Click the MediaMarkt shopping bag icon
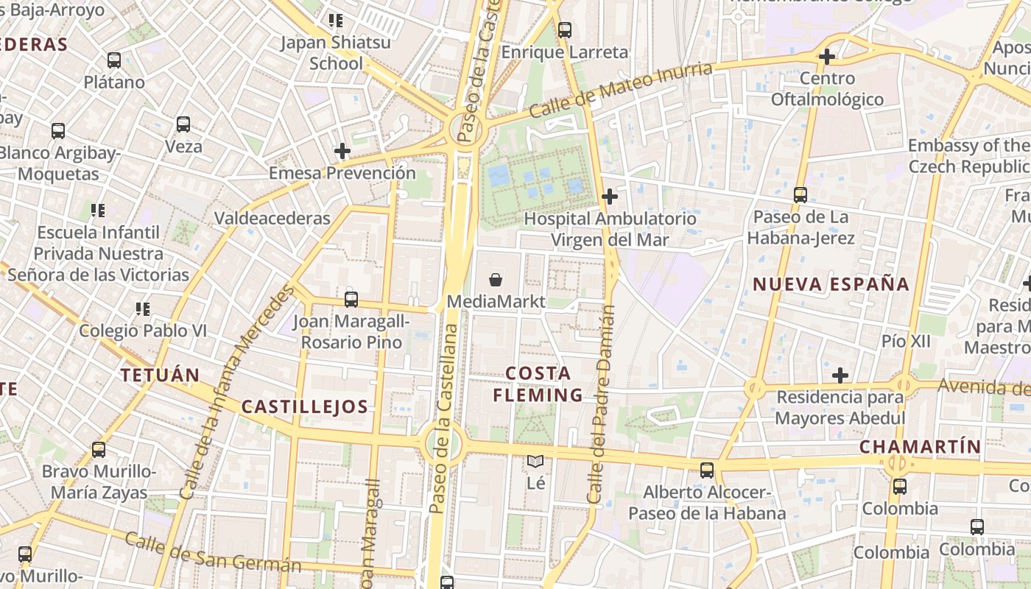click(496, 280)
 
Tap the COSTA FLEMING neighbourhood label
click(538, 384)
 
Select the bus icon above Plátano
click(114, 60)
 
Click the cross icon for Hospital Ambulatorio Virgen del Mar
click(610, 197)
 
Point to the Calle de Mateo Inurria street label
click(621, 90)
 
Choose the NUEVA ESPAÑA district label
click(831, 284)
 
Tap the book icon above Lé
click(535, 462)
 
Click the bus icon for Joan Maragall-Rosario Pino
click(351, 300)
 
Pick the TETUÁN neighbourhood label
click(161, 375)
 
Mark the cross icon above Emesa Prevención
click(342, 152)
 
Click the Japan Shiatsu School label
click(336, 53)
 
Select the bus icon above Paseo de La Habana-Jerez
click(800, 195)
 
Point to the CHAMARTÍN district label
click(921, 446)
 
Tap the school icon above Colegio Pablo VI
click(143, 309)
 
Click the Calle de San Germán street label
click(213, 552)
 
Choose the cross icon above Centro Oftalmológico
click(827, 56)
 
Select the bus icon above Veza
click(183, 124)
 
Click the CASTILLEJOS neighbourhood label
click(305, 406)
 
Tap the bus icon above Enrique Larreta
click(565, 30)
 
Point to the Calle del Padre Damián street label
click(601, 405)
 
